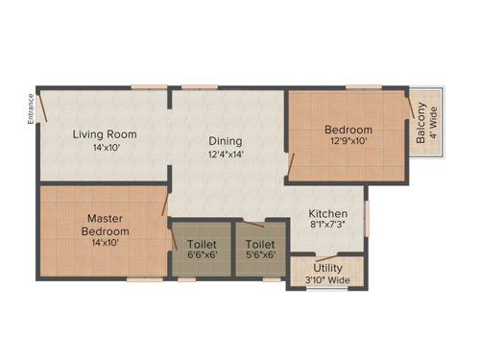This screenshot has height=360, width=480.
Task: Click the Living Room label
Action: (x=105, y=133)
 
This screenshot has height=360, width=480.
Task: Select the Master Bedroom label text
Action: (x=105, y=225)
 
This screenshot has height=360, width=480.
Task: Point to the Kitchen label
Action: (x=327, y=214)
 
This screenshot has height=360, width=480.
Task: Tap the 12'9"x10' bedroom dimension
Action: (x=348, y=142)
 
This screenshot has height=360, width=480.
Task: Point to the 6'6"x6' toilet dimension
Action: (x=202, y=256)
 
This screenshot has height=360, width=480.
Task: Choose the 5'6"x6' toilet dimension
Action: (x=259, y=256)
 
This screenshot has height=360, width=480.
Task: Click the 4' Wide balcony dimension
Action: (x=434, y=122)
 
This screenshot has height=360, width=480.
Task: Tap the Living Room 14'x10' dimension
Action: (x=105, y=149)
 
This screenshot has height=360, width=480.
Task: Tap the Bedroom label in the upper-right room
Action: (x=348, y=129)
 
